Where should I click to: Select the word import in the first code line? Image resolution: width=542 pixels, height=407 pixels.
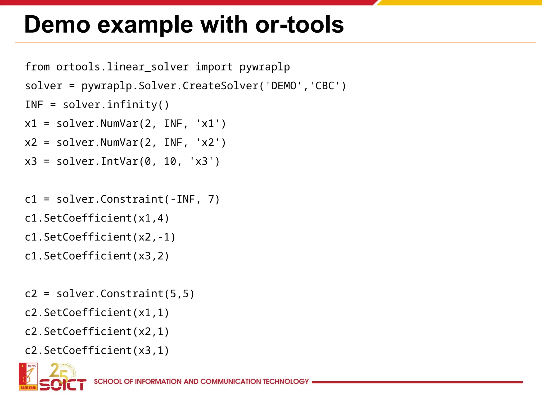(x=214, y=67)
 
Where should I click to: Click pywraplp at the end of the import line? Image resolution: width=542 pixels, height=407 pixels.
(x=264, y=67)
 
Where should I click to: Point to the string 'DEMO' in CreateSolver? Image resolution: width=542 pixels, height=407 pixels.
(x=283, y=86)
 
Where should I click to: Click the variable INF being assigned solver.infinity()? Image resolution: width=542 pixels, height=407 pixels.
(x=34, y=105)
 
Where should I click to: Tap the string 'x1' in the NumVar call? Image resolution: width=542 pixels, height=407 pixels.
(x=208, y=124)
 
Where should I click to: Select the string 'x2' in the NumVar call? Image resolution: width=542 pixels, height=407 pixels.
(x=208, y=143)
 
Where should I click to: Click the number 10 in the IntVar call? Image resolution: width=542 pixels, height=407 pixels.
(x=170, y=161)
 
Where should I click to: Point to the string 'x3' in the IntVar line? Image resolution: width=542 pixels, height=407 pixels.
(x=202, y=161)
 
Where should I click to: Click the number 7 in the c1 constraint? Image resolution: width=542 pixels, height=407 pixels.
(x=211, y=199)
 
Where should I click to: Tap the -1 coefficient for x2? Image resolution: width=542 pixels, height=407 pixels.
(x=164, y=237)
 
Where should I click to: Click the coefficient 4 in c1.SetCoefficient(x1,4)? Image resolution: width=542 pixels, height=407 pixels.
(x=160, y=218)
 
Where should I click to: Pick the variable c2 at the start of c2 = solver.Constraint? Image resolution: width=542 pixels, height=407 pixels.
(x=31, y=294)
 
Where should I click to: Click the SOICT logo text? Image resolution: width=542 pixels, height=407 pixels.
(x=63, y=384)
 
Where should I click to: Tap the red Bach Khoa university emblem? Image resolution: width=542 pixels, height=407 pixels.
(x=28, y=377)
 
